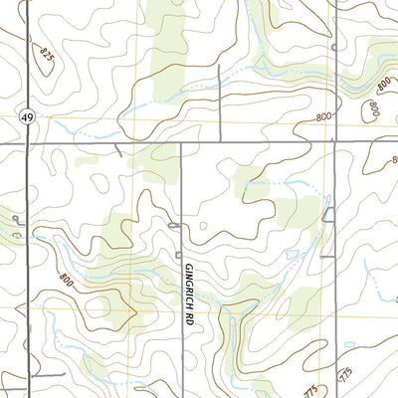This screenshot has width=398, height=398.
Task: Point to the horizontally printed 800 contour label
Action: [x=320, y=116]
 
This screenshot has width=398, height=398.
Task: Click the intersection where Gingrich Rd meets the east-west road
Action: [x=182, y=142]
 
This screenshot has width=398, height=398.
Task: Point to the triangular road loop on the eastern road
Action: [x=329, y=212]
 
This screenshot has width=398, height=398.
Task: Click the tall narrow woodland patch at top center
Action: [x=169, y=45]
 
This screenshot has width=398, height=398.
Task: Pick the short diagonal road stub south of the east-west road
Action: [x=118, y=150]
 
